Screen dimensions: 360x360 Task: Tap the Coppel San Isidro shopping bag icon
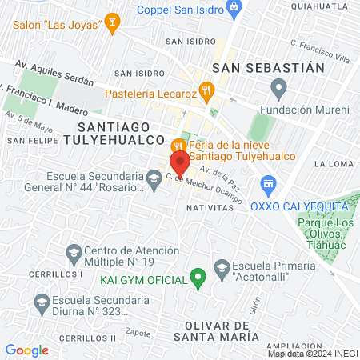pos(234,10)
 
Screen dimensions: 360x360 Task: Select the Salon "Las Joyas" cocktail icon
pos(112,24)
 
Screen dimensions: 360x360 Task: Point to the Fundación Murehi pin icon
pos(278,86)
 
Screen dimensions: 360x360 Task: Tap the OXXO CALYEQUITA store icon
pos(267,186)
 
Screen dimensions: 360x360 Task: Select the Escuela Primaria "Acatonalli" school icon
pos(222,266)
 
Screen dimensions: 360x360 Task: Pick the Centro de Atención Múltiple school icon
pos(74,254)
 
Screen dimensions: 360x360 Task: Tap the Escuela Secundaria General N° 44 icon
pos(154,177)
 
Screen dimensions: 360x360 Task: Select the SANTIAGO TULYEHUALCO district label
pos(121,133)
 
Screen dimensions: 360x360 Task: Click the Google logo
pos(26,350)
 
